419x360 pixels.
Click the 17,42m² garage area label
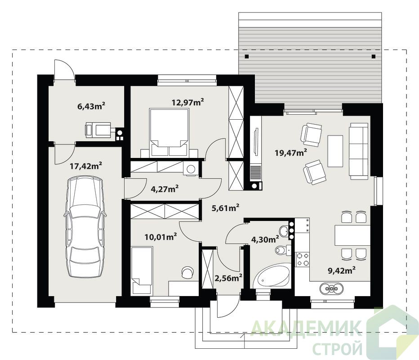point(85,166)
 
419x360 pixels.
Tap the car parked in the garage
point(85,227)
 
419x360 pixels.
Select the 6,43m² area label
point(91,106)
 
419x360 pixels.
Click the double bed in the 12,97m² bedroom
point(169,132)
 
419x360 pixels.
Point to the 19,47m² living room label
point(291,153)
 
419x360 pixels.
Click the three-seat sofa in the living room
point(359,151)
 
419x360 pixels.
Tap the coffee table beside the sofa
point(335,151)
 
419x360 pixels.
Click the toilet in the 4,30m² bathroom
point(283,250)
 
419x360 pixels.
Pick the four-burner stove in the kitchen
point(303,259)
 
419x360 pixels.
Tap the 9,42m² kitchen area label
point(342,270)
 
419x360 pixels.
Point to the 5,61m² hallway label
point(225,207)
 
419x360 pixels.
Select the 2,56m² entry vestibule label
point(228,278)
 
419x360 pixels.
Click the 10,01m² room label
point(160,237)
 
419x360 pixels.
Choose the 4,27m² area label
point(165,189)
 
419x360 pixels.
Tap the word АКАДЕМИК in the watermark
point(307,328)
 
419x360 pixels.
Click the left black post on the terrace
point(247,56)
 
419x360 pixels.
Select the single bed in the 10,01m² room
point(142,270)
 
